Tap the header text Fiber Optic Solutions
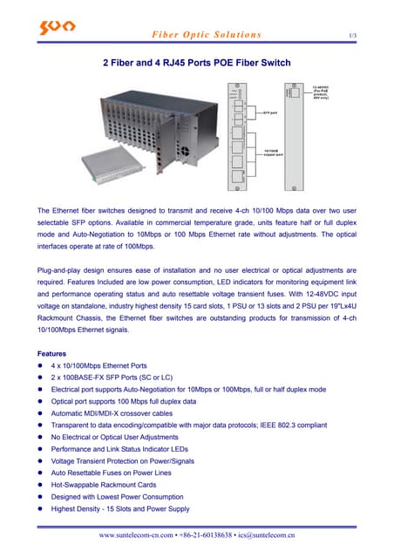coord(207,35)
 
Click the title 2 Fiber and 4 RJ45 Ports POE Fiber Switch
coord(197,64)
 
